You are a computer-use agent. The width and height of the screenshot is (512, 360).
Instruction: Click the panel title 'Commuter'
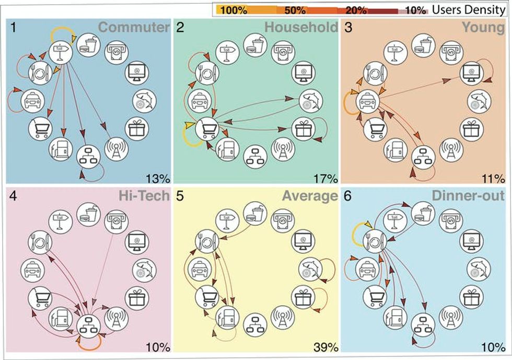(134, 28)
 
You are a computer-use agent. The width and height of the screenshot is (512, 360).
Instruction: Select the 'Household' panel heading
(301, 28)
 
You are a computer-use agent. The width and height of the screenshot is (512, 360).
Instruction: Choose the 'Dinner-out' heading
(469, 196)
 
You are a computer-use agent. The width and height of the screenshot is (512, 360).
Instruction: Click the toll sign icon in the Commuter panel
(60, 50)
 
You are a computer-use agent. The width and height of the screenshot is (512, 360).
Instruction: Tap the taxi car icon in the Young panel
(366, 101)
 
